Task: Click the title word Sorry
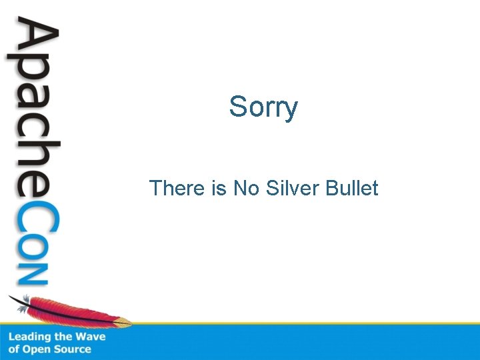click(263, 107)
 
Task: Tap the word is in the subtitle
click(219, 189)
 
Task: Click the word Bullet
click(353, 189)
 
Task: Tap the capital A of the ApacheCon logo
click(33, 41)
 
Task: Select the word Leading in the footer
click(29, 337)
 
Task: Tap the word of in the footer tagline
click(14, 349)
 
